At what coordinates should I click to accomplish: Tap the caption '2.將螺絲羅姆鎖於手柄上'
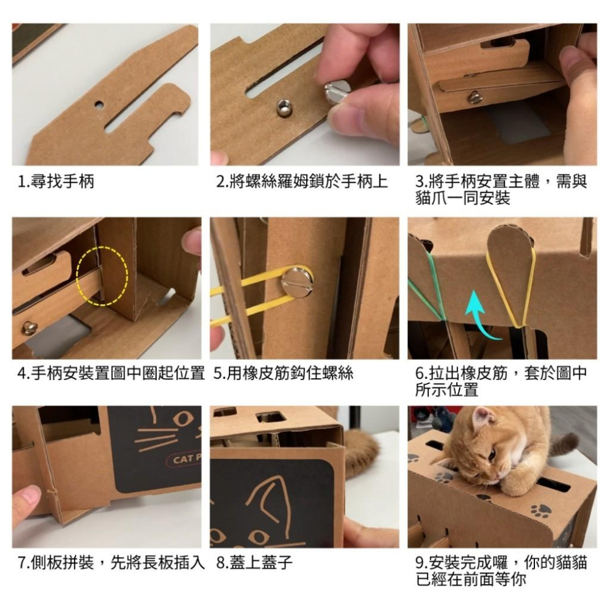(303, 182)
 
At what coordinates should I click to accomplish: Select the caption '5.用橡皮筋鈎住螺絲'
(284, 373)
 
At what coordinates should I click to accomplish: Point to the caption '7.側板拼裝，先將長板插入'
(110, 562)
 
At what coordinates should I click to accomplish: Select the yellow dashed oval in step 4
(102, 275)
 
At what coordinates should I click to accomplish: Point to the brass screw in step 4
(29, 328)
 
